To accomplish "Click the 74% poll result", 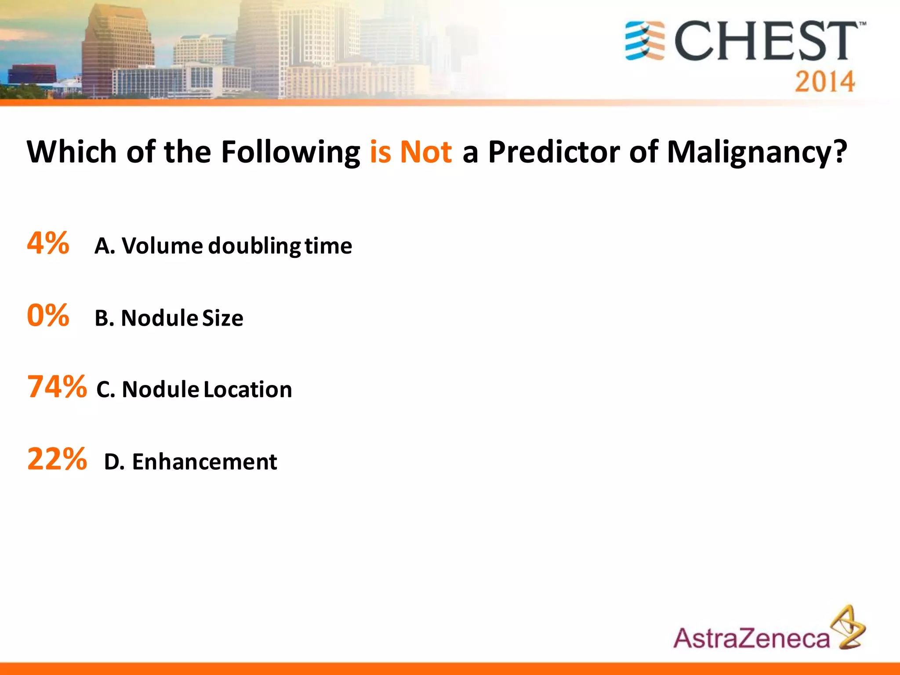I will click(x=57, y=387).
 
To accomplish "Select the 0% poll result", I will click(x=48, y=315).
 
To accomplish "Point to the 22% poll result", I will click(x=57, y=459).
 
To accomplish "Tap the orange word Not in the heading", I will click(x=425, y=152).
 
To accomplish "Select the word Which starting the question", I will click(x=71, y=152).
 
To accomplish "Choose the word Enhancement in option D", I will click(x=204, y=462).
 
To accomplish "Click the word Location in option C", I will click(x=248, y=389).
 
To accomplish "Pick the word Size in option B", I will click(x=222, y=318).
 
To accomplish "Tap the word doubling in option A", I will click(x=254, y=246).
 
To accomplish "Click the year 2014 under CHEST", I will click(x=824, y=82).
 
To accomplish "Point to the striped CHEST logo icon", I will click(x=645, y=40).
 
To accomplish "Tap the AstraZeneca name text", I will click(x=751, y=638).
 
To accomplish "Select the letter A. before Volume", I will click(x=105, y=246).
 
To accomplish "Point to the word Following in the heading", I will click(x=290, y=152).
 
